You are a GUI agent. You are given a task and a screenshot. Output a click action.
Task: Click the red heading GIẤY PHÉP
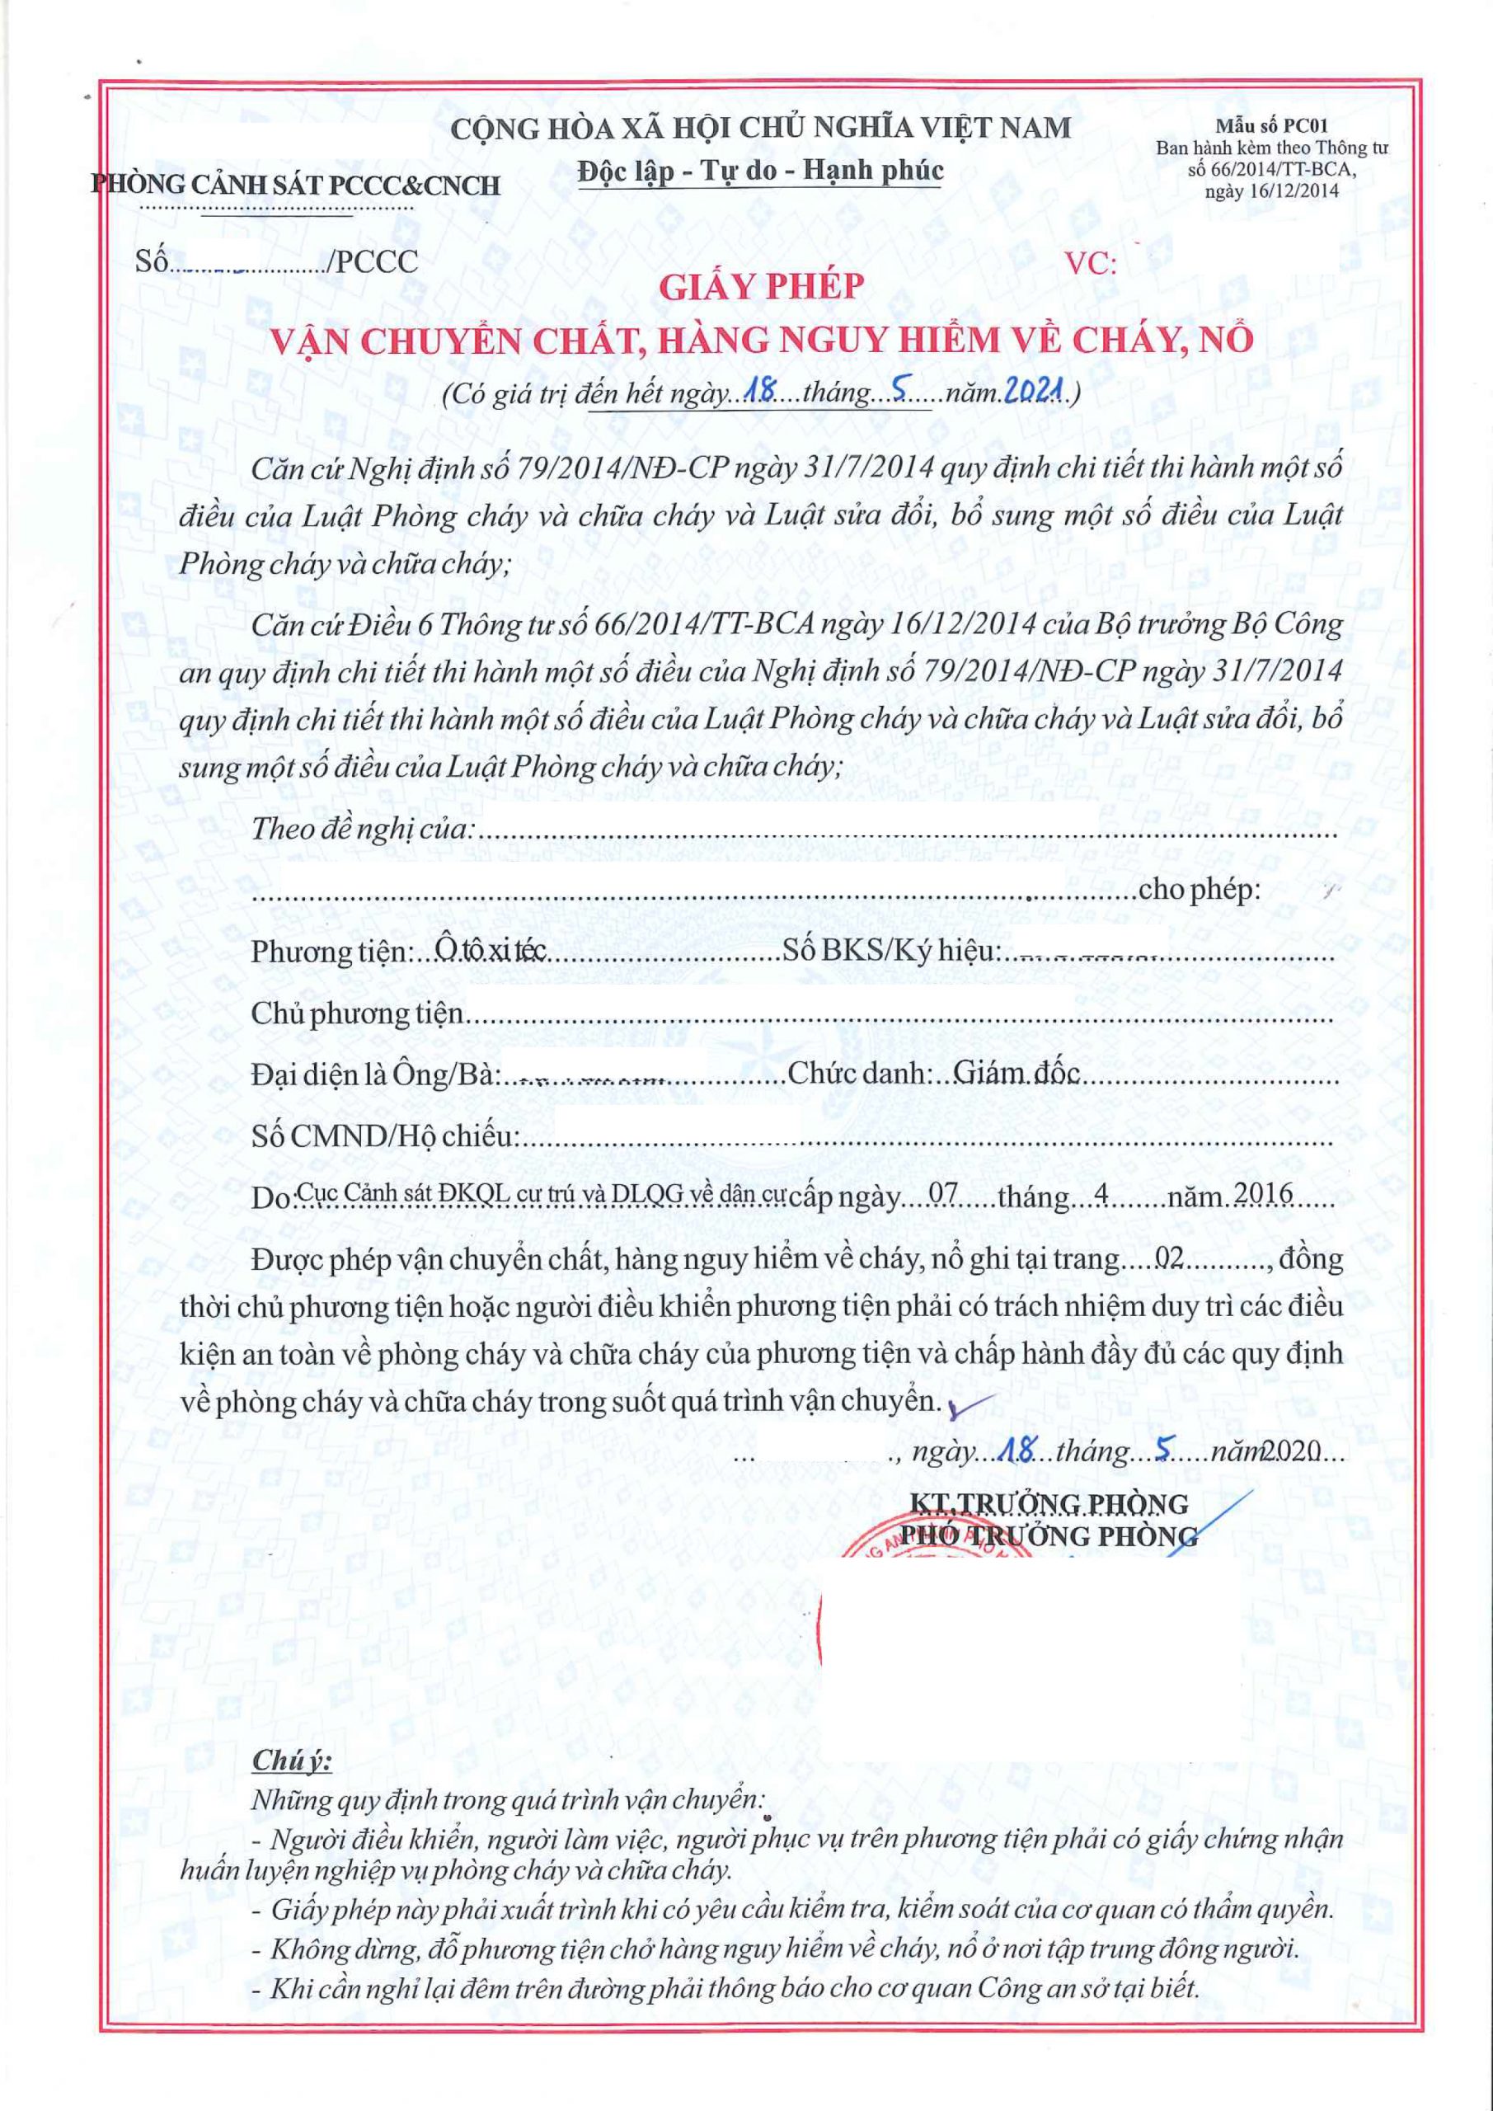761,288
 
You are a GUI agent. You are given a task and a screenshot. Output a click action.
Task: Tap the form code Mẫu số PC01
1271,127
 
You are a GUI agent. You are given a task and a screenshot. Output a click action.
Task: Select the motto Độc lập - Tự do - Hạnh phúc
760,171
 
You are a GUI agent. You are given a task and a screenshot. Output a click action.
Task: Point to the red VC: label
1092,265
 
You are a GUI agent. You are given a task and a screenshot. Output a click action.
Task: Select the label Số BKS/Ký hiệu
890,950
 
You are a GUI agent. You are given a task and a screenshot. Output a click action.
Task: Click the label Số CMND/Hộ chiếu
384,1136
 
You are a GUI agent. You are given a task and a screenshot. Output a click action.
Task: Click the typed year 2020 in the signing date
1292,1453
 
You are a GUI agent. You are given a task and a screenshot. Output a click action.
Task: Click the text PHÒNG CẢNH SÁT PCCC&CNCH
296,185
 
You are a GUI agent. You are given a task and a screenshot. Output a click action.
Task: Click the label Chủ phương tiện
358,1013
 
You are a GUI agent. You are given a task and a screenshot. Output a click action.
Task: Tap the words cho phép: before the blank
1199,890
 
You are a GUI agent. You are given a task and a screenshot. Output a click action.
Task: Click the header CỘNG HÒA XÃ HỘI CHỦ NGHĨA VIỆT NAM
760,128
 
